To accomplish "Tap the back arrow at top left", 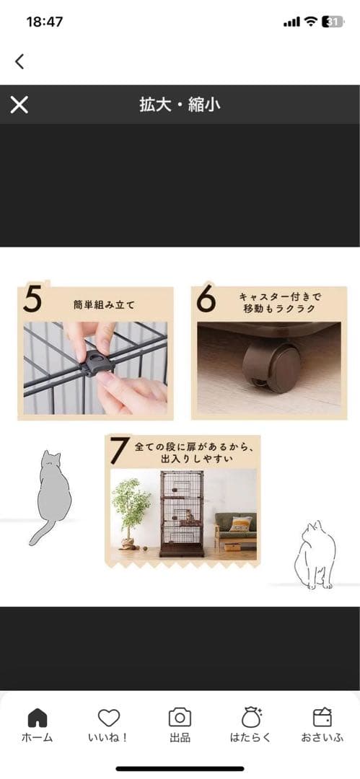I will coord(19,61).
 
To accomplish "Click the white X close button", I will coord(19,105).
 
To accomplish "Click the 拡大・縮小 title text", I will coord(180,105).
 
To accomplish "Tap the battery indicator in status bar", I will coord(333,22).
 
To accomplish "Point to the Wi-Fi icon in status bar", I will coord(310,22).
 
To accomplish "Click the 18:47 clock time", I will coord(45,22).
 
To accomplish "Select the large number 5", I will coord(32,300).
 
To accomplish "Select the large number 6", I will coord(206,300).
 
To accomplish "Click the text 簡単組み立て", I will coord(104,305).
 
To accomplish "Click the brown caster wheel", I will coord(272,366).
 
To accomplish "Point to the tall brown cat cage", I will coord(181,512).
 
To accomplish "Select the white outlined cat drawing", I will coord(315,555).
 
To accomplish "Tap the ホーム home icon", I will coord(37,718).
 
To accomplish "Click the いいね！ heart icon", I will coord(108,718).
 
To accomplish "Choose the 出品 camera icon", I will coord(180,718).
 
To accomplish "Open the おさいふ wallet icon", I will coord(322,718).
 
